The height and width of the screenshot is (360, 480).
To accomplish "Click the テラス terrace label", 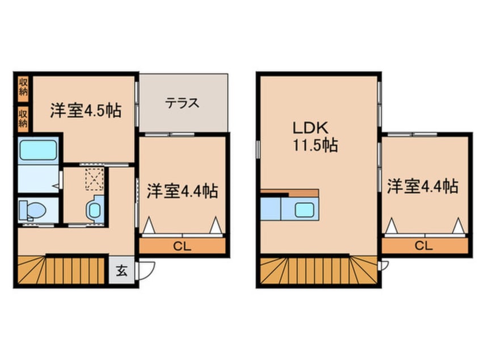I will (183, 103).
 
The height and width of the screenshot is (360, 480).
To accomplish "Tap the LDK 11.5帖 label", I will (315, 137).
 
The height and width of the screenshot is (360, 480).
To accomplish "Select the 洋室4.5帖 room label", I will (85, 111).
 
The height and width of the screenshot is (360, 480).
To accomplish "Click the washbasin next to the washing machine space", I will (95, 209).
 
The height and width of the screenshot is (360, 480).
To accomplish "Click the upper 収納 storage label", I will (23, 87).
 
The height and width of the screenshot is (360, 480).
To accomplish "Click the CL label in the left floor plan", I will (182, 247).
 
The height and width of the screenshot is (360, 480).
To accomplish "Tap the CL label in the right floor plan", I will (424, 246).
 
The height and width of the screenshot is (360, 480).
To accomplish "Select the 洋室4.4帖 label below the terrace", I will (182, 190).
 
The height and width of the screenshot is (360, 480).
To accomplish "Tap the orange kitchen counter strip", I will (290, 192).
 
